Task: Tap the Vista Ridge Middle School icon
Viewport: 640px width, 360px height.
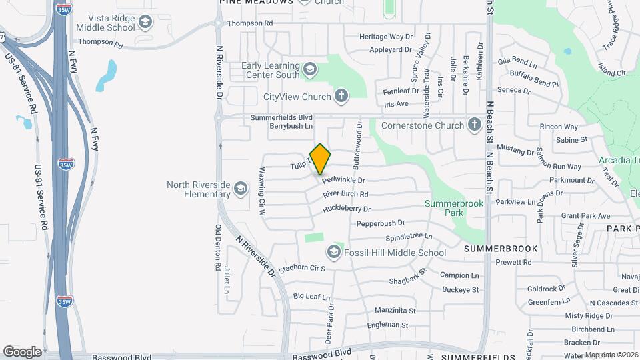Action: (x=145, y=23)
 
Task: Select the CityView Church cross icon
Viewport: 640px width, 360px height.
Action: (x=341, y=97)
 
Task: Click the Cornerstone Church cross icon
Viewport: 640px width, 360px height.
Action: (x=474, y=125)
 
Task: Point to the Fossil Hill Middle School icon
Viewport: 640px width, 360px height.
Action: (x=333, y=252)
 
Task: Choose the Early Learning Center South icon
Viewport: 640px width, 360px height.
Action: (x=309, y=69)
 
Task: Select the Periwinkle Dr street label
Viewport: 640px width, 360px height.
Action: (x=344, y=180)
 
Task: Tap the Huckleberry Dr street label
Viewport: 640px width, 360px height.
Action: (x=346, y=209)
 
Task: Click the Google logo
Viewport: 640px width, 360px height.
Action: (x=22, y=351)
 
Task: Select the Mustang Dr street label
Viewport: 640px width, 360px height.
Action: (x=517, y=151)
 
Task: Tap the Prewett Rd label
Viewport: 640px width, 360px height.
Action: (x=513, y=262)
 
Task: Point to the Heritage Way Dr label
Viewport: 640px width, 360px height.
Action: (x=386, y=37)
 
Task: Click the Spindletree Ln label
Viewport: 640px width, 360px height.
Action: (x=409, y=237)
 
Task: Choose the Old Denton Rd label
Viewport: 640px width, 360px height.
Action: (x=217, y=247)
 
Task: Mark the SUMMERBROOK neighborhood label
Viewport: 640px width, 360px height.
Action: (x=500, y=248)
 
